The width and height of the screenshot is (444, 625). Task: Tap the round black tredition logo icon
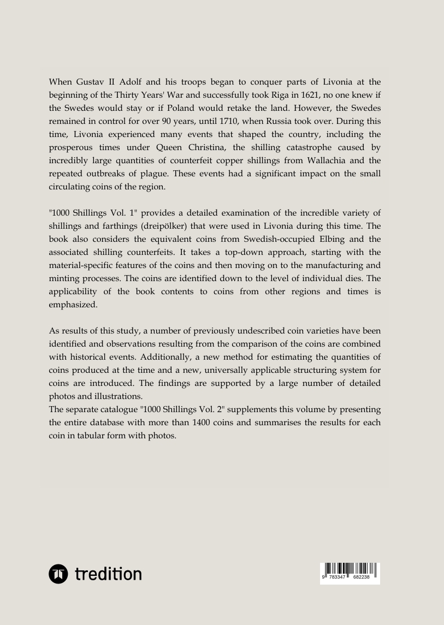[x=58, y=574]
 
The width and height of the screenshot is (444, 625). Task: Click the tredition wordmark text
[x=108, y=574]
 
